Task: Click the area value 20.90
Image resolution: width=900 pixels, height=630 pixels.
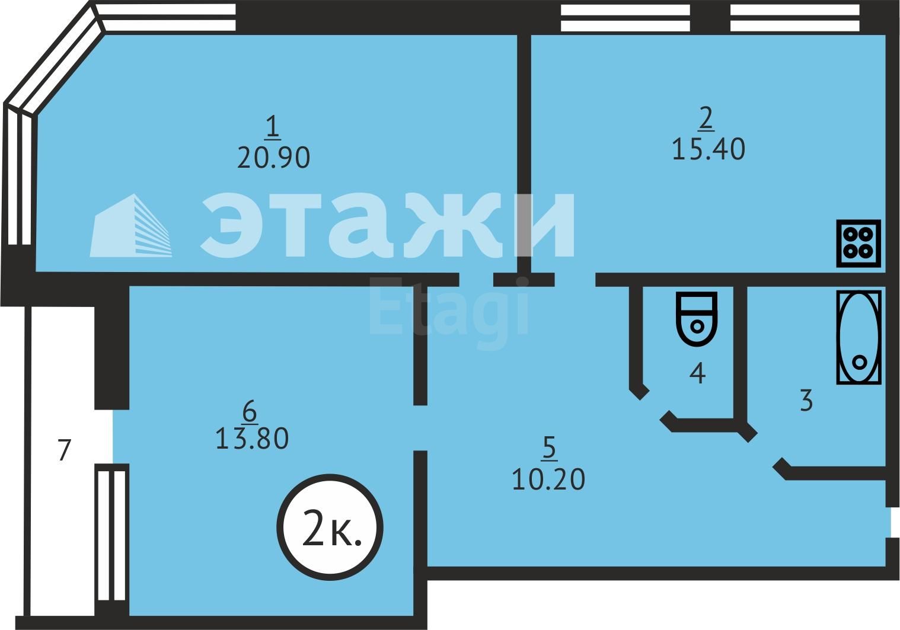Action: [273, 158]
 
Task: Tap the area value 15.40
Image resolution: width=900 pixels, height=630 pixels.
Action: [708, 149]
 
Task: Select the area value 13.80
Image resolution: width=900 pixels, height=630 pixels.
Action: [251, 439]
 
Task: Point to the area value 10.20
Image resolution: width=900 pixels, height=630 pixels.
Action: [548, 479]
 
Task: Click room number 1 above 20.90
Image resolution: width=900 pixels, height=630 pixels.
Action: [273, 127]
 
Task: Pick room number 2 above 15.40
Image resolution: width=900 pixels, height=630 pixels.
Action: [706, 119]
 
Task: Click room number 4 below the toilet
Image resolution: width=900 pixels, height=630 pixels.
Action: [698, 373]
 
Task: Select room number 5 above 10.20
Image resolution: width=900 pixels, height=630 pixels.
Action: [550, 449]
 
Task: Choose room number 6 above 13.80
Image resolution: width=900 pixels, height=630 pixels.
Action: [250, 411]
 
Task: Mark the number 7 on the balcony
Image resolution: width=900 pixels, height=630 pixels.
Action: [64, 450]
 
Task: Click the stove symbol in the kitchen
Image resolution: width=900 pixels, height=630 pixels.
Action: [858, 243]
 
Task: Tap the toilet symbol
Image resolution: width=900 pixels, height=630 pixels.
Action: [696, 318]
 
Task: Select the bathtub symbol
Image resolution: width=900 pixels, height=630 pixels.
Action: [858, 337]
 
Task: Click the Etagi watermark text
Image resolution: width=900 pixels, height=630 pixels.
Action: [448, 307]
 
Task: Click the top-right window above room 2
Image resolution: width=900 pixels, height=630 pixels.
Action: [794, 18]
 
